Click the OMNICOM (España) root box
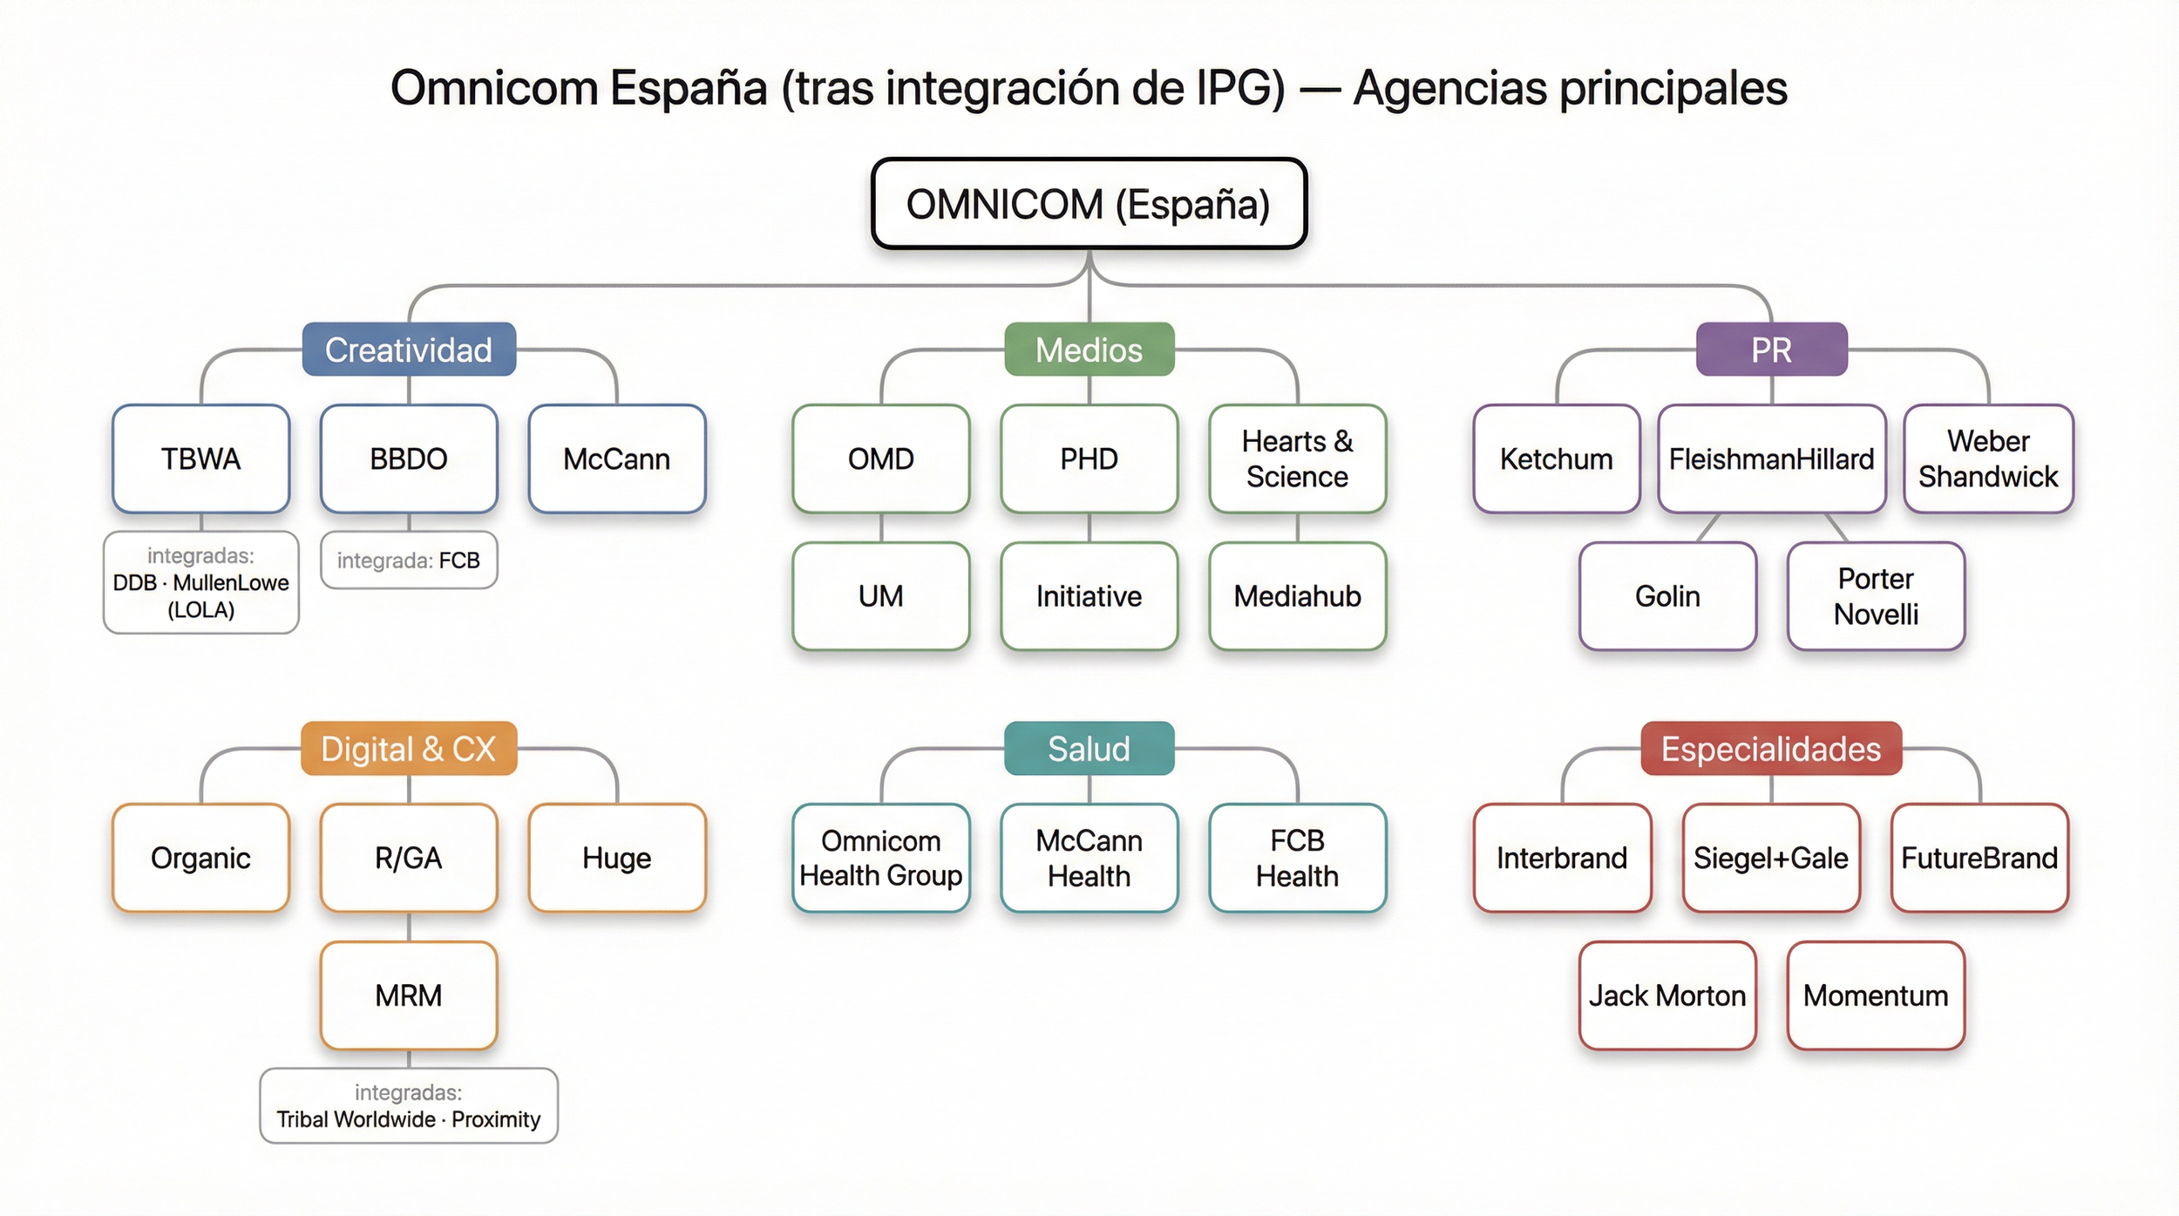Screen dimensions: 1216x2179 click(x=1089, y=204)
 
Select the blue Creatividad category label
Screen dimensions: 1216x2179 click(x=409, y=350)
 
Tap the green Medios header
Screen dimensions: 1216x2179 click(x=1089, y=350)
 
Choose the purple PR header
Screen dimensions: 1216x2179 click(x=1771, y=350)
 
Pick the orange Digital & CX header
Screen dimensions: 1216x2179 click(x=409, y=749)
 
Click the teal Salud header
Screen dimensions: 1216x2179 click(x=1089, y=749)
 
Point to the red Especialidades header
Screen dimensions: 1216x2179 click(x=1771, y=749)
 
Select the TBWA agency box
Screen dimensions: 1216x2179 click(x=200, y=459)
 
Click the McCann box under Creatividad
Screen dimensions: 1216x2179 click(x=616, y=459)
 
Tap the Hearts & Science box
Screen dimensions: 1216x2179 click(x=1297, y=459)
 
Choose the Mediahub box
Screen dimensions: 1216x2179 click(x=1297, y=596)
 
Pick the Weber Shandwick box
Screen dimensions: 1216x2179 click(x=1988, y=459)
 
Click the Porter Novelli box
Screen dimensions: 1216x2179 click(x=1876, y=596)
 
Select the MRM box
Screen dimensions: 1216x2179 click(x=409, y=995)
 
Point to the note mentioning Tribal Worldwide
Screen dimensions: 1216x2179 click(x=409, y=1106)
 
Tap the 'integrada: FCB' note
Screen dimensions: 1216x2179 click(x=409, y=560)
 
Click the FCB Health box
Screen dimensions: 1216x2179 click(x=1297, y=858)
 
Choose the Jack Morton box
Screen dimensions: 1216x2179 click(x=1666, y=995)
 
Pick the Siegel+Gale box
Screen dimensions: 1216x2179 click(x=1771, y=858)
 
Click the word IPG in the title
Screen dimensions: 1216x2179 click(x=1240, y=88)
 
